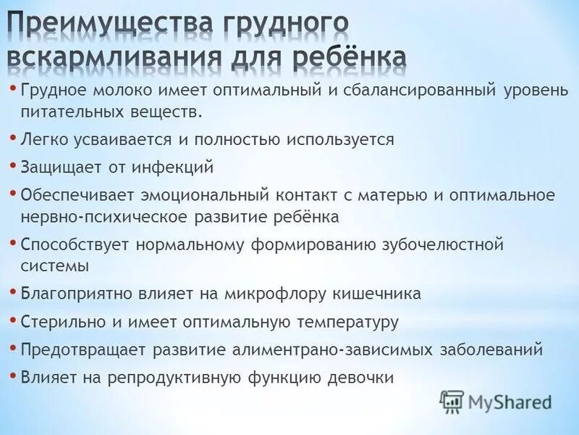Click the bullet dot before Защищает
[x=14, y=165]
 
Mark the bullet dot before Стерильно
[x=14, y=318]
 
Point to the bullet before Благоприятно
[x=14, y=291]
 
